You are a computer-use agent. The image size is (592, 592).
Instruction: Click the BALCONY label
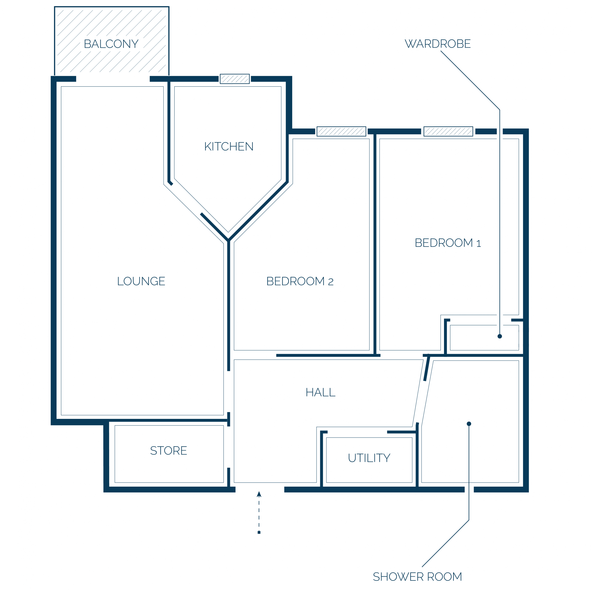click(x=111, y=44)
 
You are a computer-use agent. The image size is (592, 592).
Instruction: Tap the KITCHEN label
click(x=229, y=147)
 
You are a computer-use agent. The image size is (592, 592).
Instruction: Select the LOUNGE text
click(x=141, y=281)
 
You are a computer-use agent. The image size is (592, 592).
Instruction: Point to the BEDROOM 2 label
click(x=300, y=281)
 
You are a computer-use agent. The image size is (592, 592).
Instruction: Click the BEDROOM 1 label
click(x=448, y=243)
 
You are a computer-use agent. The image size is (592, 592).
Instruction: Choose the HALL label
click(x=321, y=392)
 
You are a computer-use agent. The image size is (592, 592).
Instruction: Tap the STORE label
click(x=168, y=451)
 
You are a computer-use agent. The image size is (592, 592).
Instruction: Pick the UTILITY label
click(x=369, y=458)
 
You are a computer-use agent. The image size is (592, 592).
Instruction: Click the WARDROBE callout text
click(x=437, y=44)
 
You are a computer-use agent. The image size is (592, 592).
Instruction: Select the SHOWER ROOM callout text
click(x=417, y=577)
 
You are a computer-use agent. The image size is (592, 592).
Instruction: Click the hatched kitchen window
click(x=235, y=79)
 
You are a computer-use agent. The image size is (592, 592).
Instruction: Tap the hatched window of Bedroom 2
click(x=341, y=131)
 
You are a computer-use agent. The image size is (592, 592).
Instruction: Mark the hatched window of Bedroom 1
click(x=448, y=131)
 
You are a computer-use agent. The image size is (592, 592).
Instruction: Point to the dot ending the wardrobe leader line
click(x=500, y=336)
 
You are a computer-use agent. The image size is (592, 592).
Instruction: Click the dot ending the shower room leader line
click(x=469, y=424)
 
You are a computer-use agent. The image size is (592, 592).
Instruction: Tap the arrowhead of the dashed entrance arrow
click(x=259, y=494)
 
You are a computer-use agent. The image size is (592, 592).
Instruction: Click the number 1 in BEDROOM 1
click(x=479, y=244)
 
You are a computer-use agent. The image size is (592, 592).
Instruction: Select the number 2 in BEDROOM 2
click(x=331, y=282)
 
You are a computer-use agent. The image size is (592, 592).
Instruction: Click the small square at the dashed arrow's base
click(x=259, y=532)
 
